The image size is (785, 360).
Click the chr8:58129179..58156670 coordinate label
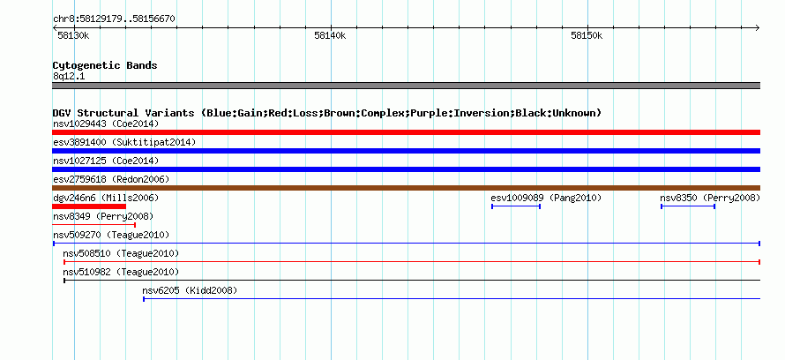point(114,19)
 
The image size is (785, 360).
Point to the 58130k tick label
point(73,35)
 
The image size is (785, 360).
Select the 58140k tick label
point(330,35)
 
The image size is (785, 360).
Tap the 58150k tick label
point(587,35)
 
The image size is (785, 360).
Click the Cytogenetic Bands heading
point(105,65)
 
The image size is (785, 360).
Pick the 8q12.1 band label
point(69,77)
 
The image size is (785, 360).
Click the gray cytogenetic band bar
point(406,86)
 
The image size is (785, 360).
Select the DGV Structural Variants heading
point(326,113)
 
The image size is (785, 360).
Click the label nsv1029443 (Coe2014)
point(106,124)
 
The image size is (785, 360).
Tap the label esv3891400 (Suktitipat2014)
point(124,142)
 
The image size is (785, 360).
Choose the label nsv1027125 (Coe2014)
point(106,161)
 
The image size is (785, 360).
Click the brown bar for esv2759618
point(406,188)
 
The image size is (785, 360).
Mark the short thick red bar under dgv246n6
point(89,206)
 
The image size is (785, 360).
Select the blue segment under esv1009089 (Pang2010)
point(516,206)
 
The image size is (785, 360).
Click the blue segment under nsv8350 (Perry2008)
point(688,206)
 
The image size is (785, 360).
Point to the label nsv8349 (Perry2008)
point(103,217)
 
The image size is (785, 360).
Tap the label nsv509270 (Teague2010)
point(111,235)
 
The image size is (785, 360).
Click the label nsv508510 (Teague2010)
point(121,253)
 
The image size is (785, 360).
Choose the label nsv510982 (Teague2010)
point(121,272)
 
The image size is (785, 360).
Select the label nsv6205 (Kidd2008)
point(190,290)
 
